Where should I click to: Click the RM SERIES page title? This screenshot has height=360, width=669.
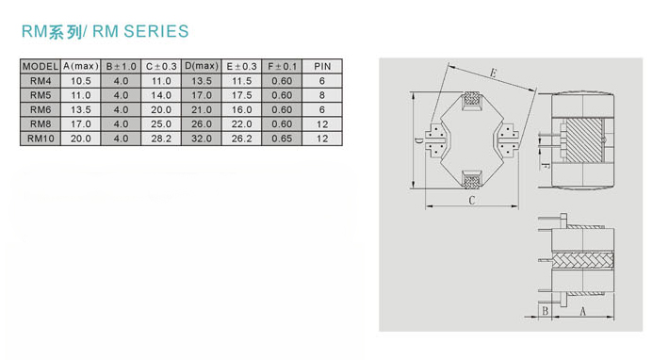point(105,31)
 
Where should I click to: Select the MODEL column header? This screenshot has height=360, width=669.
point(41,67)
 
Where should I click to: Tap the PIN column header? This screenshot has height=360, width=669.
point(322,67)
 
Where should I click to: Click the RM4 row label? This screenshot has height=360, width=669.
point(41,81)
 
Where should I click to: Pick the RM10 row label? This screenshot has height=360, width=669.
point(41,139)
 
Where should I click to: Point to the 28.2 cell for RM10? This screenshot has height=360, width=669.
point(161,139)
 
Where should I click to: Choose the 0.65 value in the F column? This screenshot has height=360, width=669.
point(282,139)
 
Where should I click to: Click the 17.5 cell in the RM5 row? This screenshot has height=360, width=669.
point(241,95)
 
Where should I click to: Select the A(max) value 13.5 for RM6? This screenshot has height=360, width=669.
point(81,109)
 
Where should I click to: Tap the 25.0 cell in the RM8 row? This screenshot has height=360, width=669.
point(161,124)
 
